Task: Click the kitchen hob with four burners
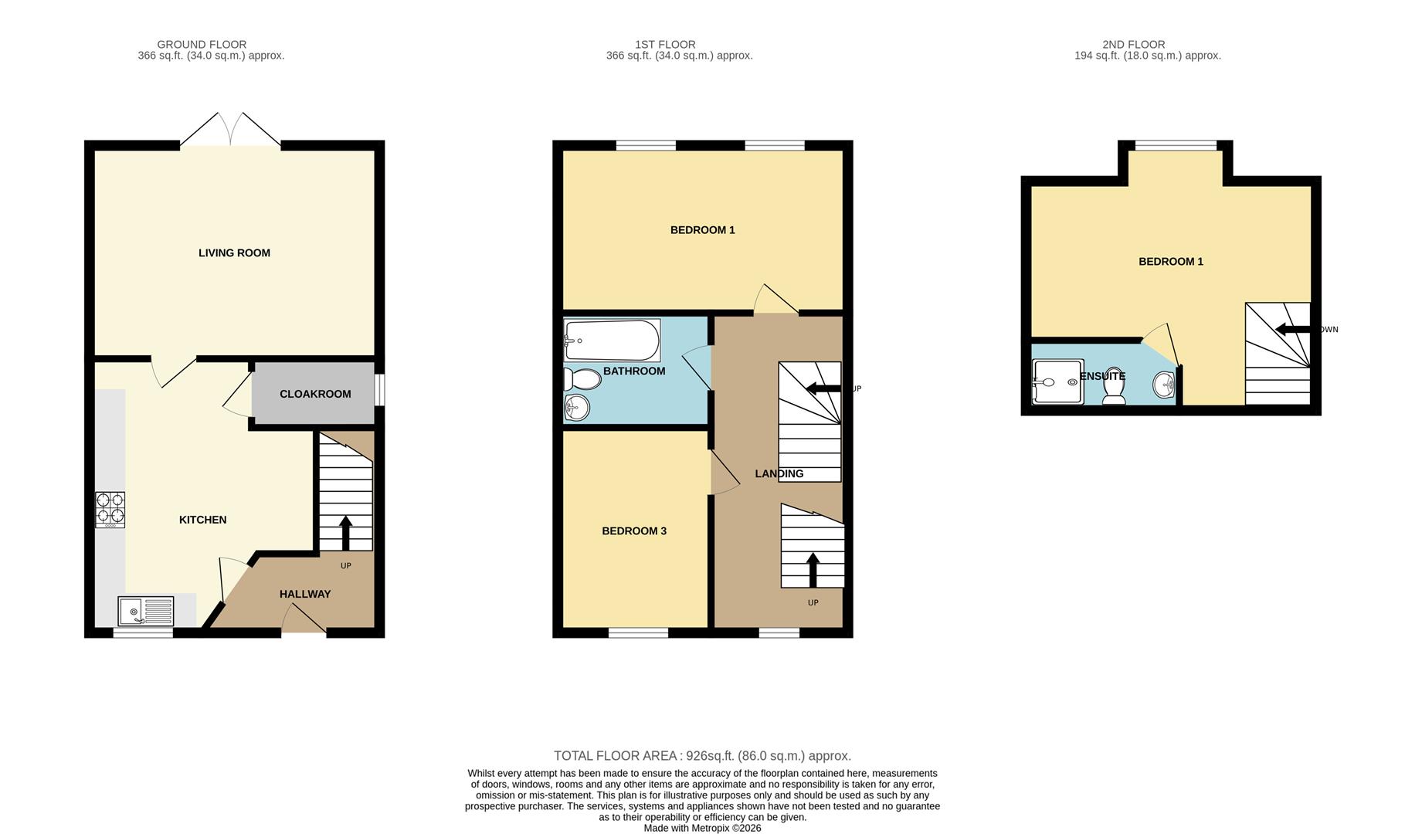[x=110, y=510]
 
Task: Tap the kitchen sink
[x=146, y=611]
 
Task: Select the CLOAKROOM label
[x=315, y=394]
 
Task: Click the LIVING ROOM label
[x=234, y=253]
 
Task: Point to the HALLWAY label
[x=304, y=594]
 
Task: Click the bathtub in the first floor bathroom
[x=612, y=341]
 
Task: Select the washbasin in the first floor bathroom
[x=576, y=407]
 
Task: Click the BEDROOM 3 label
[x=633, y=531]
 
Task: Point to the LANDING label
[x=779, y=473]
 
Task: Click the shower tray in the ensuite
[x=1058, y=381]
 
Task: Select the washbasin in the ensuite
[x=1164, y=384]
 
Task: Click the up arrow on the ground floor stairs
[x=345, y=532]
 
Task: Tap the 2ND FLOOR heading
[x=1133, y=45]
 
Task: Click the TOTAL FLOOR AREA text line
[x=702, y=756]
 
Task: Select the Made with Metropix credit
[x=702, y=828]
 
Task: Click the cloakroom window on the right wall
[x=379, y=390]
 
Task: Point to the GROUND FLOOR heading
[x=202, y=45]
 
